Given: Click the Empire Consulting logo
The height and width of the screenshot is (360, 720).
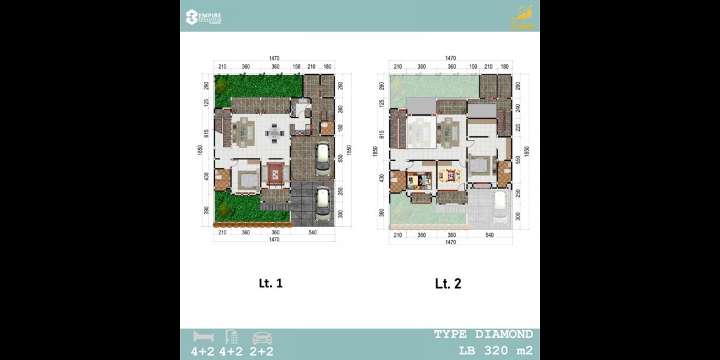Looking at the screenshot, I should pos(204,17).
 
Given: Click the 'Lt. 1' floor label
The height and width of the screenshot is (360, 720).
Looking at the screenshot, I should pos(271,283).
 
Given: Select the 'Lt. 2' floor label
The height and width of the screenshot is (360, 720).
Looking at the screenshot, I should pos(448,284).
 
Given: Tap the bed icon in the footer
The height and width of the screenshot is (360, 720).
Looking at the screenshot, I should pos(204,337).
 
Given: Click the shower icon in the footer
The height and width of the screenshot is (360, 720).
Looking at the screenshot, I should pos(231,337).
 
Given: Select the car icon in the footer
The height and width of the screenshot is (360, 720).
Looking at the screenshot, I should pos(261,337).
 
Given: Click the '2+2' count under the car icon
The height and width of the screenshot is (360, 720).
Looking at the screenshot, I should pos(262,352).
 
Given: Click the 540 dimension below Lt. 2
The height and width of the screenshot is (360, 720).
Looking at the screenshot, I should pos(489,235).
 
